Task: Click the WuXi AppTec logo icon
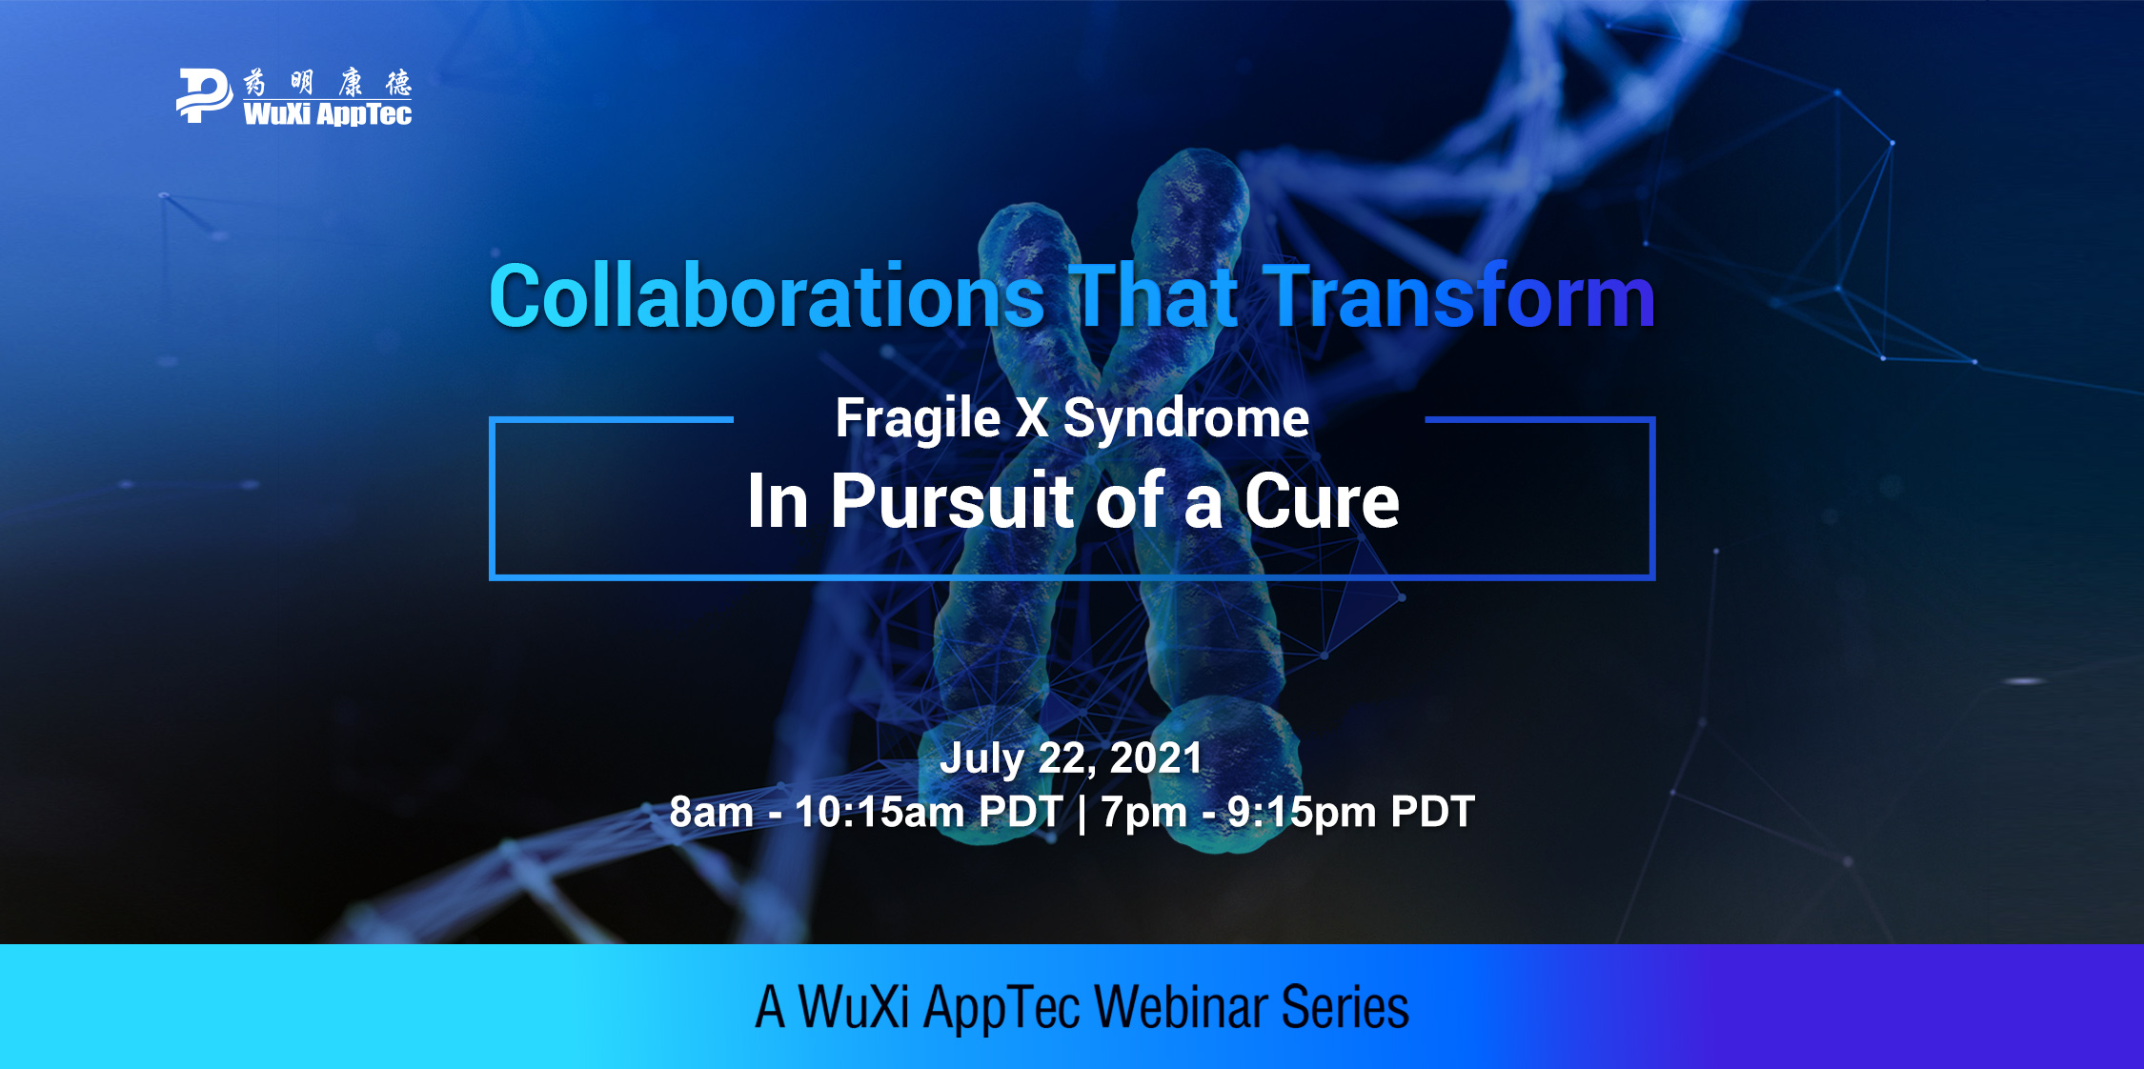pos(204,95)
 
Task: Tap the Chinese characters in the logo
pos(328,83)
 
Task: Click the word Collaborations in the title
pos(767,296)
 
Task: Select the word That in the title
pos(1154,296)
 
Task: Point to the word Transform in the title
pos(1459,296)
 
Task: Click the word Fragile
pos(918,419)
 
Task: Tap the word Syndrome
pos(1186,419)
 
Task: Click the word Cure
pos(1322,501)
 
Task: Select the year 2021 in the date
pos(1156,758)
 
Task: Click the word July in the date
pos(981,759)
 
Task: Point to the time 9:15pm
pos(1302,812)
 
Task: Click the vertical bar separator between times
pos(1082,813)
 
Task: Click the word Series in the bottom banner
pos(1345,1007)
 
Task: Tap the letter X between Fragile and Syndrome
pos(1032,418)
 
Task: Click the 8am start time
pos(711,812)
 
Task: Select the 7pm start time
pos(1143,813)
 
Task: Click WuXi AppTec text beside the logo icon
pos(328,113)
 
